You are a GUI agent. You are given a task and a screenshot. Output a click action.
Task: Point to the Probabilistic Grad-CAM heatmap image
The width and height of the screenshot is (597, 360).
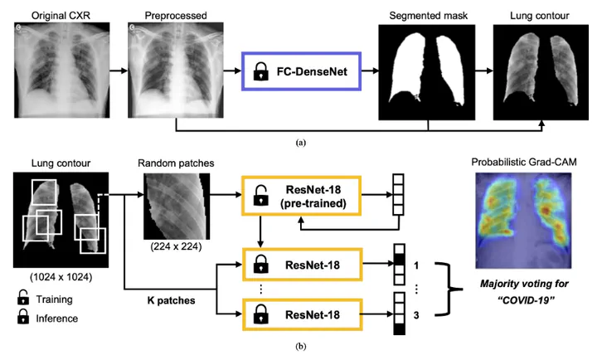[x=520, y=226]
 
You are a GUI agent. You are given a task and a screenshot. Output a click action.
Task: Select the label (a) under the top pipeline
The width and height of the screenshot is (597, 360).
[x=301, y=143]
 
